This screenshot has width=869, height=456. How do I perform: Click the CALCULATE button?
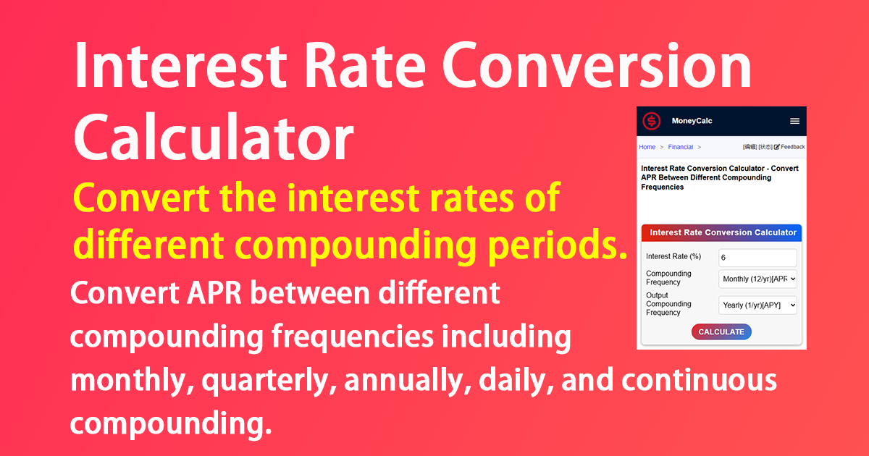[721, 332]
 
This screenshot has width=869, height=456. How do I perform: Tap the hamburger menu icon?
[794, 121]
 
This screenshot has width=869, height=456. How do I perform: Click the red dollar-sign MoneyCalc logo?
[652, 121]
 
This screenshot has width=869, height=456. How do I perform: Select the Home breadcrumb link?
[647, 147]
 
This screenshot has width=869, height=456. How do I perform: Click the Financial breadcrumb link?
[680, 147]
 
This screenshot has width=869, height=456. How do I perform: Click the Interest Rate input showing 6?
[757, 258]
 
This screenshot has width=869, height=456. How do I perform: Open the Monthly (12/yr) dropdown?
[757, 278]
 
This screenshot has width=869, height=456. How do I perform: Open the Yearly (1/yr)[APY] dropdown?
[757, 305]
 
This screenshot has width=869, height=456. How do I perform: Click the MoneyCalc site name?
[692, 121]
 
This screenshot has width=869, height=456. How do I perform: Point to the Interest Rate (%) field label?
[673, 257]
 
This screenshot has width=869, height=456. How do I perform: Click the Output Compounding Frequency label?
[668, 304]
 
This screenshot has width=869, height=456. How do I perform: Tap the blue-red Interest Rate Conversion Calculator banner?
[721, 232]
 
